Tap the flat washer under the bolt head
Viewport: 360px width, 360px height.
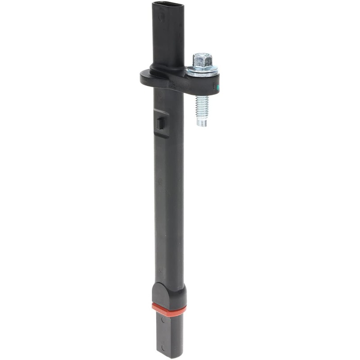(202, 71)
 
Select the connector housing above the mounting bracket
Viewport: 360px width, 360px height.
(168, 36)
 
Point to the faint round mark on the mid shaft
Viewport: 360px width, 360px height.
(159, 182)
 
